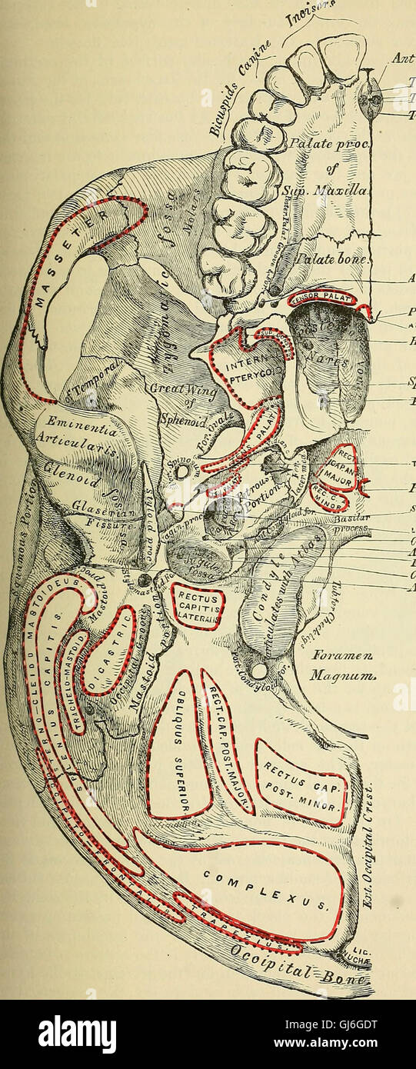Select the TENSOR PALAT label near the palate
pos(323,297)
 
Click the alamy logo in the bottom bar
pos(77,1034)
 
